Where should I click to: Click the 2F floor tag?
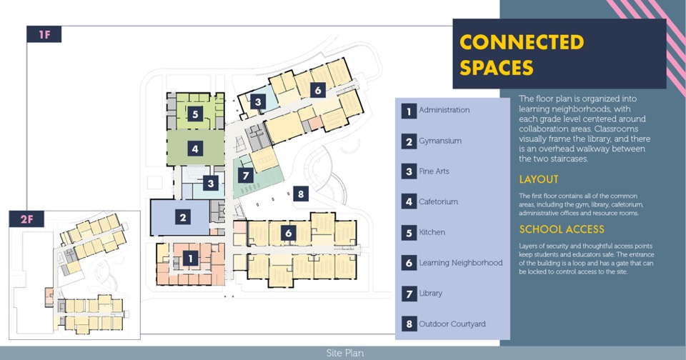click(26, 219)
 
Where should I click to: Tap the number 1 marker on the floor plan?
click(190, 259)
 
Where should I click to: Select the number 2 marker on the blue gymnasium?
click(183, 217)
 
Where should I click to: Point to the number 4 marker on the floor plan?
click(194, 149)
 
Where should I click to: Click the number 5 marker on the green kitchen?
click(194, 114)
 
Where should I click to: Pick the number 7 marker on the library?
click(246, 175)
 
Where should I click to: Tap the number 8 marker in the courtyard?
click(301, 194)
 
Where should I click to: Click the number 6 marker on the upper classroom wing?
click(318, 90)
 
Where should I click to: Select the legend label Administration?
click(444, 110)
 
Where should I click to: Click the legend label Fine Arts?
click(434, 171)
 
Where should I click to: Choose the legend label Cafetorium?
click(438, 202)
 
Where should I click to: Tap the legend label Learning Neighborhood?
click(460, 263)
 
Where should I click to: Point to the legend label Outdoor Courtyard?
click(452, 324)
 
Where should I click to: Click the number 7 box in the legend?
click(409, 294)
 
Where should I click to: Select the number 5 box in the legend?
click(409, 233)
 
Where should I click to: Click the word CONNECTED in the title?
click(522, 42)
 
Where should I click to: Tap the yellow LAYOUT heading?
click(539, 179)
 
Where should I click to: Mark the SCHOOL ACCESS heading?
click(562, 229)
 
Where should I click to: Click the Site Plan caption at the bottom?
click(346, 353)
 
